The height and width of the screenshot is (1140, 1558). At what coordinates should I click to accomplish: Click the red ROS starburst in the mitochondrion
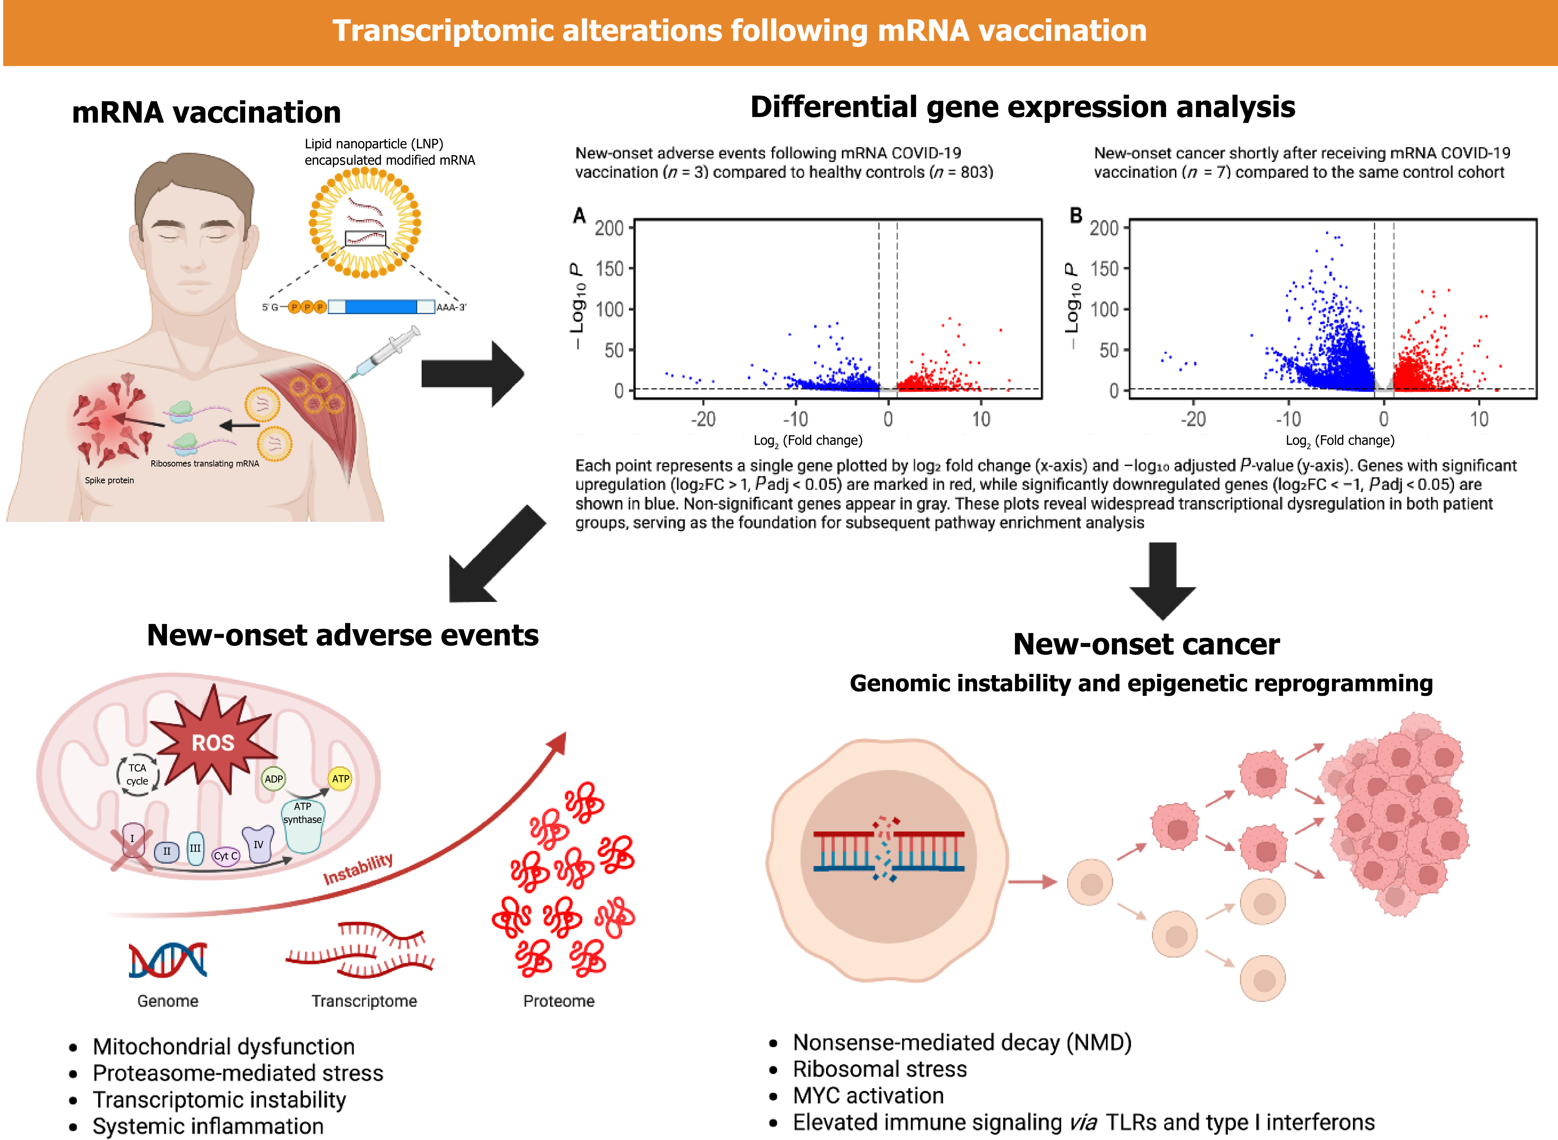pyautogui.click(x=213, y=742)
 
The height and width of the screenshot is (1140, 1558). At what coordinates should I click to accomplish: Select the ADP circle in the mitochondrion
pyautogui.click(x=273, y=779)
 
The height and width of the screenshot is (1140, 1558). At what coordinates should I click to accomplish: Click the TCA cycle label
pyautogui.click(x=138, y=774)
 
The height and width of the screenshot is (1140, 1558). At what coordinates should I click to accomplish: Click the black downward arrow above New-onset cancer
pyautogui.click(x=1163, y=580)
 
